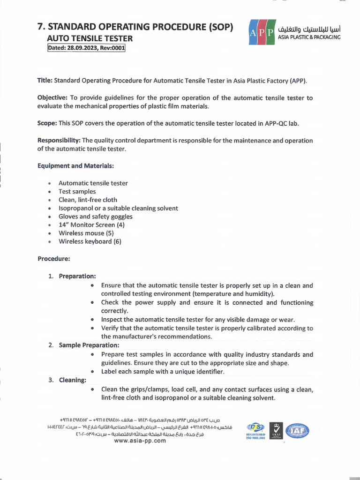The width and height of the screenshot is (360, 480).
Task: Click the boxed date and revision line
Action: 87,48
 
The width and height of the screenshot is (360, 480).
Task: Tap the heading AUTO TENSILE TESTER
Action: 90,38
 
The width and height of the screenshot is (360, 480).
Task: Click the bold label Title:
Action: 45,81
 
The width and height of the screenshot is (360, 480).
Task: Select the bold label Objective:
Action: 52,98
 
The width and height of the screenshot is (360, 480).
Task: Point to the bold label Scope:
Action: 47,123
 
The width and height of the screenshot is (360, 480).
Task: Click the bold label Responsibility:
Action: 59,141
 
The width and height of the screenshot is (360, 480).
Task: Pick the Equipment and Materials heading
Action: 75,166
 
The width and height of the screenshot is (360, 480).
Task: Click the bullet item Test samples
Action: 77,191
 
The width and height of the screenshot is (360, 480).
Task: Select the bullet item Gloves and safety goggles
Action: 95,217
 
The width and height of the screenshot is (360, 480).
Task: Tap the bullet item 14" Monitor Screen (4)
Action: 91,225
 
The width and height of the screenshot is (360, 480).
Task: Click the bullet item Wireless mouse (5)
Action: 86,233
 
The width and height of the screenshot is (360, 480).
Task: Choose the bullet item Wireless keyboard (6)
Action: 90,241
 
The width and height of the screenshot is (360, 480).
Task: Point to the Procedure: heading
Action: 53,258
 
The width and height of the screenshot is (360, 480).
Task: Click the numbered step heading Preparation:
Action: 77,276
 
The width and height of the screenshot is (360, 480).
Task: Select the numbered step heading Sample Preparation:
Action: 89,345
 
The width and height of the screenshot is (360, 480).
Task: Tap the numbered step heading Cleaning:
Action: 72,380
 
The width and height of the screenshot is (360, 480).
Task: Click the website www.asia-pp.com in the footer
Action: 140,441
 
